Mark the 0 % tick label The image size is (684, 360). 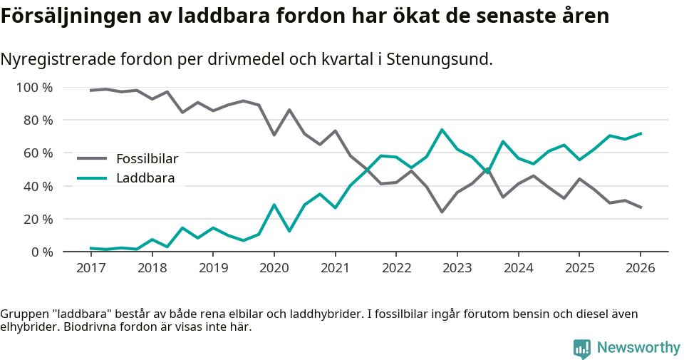pyautogui.click(x=42, y=252)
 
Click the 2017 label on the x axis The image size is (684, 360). pyautogui.click(x=90, y=268)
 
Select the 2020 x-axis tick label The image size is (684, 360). pyautogui.click(x=274, y=268)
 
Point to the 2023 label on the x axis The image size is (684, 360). pyautogui.click(x=457, y=268)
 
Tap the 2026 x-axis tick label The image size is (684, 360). pyautogui.click(x=640, y=268)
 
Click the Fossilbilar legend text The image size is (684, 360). pyautogui.click(x=147, y=159)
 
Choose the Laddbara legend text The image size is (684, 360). pyautogui.click(x=145, y=178)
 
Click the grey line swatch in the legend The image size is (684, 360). pyautogui.click(x=92, y=159)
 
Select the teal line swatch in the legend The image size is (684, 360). pyautogui.click(x=92, y=178)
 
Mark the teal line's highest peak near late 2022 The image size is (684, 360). pyautogui.click(x=442, y=130)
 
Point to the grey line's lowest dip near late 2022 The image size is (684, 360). pyautogui.click(x=442, y=212)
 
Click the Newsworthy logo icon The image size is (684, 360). pyautogui.click(x=582, y=348)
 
